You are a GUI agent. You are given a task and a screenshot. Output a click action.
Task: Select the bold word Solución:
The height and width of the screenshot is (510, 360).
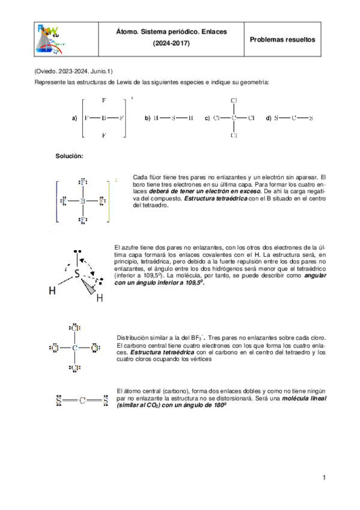pos(69,156)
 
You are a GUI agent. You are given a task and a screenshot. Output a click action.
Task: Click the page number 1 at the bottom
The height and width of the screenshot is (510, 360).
pos(323,478)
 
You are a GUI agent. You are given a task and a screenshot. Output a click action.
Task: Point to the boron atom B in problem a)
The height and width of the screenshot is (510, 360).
pos(105,118)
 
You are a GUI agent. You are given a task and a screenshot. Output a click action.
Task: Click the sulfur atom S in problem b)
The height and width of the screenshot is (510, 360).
pos(172,118)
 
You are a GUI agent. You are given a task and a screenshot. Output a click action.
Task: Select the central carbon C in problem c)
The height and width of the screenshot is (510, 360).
pos(233,118)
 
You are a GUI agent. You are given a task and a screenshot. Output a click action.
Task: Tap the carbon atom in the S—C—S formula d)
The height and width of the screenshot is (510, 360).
pos(293,118)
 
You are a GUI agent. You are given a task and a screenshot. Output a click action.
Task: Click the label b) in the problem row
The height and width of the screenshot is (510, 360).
pos(147,118)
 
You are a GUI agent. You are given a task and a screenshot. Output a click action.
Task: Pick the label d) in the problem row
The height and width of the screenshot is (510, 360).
pos(268,118)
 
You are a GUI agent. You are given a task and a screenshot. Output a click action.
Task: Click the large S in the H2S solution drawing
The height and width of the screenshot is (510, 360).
pos(77,275)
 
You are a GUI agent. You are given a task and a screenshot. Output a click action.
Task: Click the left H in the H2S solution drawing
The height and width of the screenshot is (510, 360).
pos(52,292)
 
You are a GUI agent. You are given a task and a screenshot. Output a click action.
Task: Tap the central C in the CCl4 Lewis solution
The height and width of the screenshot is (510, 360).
pos(75,348)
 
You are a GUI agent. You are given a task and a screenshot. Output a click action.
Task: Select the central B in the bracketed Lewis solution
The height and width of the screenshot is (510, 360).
pos(82,200)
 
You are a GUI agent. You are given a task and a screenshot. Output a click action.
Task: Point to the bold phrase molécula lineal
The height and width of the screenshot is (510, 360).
pos(303,400)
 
